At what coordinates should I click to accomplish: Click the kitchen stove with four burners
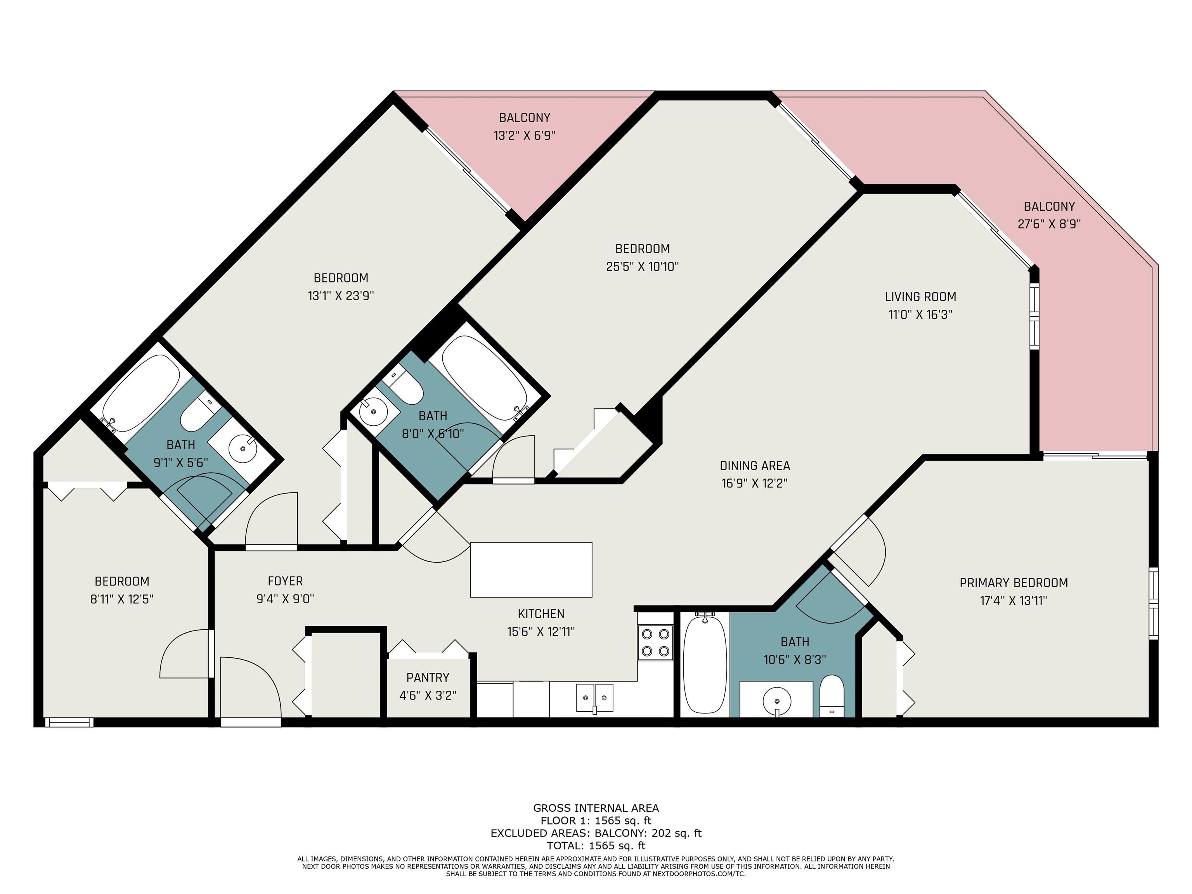point(655,642)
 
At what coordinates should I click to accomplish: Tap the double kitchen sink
point(595,698)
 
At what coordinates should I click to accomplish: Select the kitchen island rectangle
point(531,570)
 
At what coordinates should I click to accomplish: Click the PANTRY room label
point(428,677)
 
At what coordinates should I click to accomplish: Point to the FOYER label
point(286,581)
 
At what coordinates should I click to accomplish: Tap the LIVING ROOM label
point(920,296)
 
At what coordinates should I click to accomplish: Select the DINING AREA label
point(755,466)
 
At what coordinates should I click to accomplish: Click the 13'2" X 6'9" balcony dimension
point(524,135)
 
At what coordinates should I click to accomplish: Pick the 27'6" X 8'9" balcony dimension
point(1049,223)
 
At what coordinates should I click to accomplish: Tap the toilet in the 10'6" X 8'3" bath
point(832,696)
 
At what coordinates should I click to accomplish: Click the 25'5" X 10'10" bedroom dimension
point(642,266)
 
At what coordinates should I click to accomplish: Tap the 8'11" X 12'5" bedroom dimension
point(122,599)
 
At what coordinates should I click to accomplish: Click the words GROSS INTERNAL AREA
point(596,808)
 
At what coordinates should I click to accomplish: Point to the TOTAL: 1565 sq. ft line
point(596,845)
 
